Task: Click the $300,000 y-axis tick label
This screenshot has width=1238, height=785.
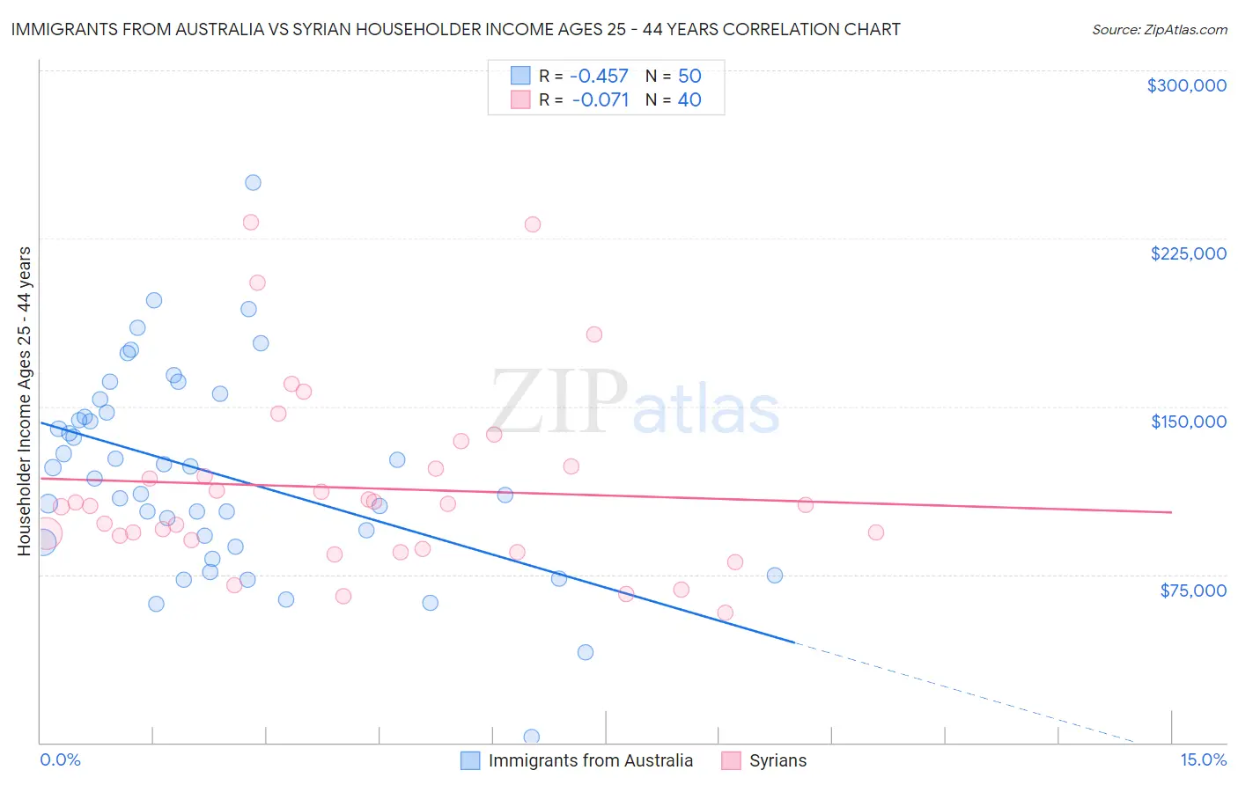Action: coord(1186,85)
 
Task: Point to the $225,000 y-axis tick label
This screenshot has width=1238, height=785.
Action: coord(1188,253)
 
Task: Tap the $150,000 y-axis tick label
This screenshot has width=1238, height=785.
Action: coord(1188,422)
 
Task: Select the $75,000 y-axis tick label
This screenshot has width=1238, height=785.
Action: coord(1192,591)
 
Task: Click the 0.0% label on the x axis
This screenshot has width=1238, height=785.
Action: coord(60,759)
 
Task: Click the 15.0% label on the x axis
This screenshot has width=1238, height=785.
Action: coord(1203,759)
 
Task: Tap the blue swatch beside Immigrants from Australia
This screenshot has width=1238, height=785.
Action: coord(471,760)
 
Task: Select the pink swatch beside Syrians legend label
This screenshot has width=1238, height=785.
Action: coord(731,760)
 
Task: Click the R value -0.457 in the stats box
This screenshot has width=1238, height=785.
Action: coord(599,76)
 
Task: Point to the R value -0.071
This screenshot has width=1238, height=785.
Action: coord(600,100)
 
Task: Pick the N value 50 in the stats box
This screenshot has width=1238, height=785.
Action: coord(689,76)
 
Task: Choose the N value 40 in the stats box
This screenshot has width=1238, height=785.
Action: coord(689,100)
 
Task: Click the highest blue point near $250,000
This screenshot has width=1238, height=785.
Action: coord(253,183)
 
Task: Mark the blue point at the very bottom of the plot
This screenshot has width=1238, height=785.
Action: coord(532,737)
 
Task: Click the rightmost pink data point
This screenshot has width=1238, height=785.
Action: coord(875,532)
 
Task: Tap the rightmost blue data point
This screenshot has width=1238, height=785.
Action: coord(775,576)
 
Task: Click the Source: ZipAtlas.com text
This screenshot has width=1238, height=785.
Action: coord(1159,30)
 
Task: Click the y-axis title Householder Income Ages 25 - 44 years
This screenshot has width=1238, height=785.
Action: coord(24,401)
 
